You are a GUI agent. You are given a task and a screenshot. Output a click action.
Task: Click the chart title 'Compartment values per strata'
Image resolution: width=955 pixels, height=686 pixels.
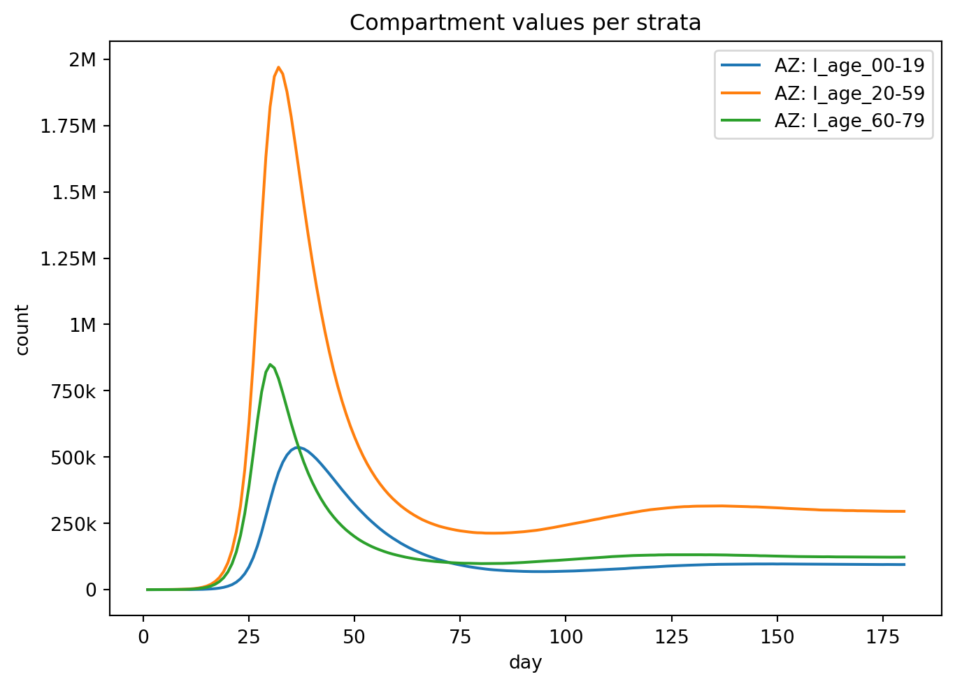click(525, 23)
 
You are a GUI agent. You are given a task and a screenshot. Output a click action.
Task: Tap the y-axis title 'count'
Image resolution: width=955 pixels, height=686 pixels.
click(22, 330)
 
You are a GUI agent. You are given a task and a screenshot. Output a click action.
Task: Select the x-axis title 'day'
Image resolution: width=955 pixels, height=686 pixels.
click(525, 662)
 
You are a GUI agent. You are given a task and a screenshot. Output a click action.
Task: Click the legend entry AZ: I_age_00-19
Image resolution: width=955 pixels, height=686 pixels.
click(849, 66)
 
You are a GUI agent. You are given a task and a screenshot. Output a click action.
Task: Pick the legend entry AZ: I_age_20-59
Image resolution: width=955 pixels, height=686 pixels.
click(849, 93)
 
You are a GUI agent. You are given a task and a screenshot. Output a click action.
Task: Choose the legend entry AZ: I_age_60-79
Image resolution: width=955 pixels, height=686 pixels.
click(849, 120)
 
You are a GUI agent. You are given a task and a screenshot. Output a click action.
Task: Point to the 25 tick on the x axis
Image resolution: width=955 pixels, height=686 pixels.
click(249, 637)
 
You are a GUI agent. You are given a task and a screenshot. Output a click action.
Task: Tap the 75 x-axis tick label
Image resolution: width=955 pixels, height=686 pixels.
click(460, 637)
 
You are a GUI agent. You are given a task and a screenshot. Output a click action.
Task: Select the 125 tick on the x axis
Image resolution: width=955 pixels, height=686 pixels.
click(672, 637)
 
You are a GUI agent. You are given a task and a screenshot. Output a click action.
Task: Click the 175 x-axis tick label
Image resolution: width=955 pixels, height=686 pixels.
click(883, 637)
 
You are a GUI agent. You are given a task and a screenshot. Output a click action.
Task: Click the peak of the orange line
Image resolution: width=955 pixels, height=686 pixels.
click(278, 67)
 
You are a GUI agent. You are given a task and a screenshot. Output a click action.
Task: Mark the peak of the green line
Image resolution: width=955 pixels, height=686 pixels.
click(270, 365)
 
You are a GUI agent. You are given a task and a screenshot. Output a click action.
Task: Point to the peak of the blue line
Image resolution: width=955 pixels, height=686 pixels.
click(299, 447)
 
